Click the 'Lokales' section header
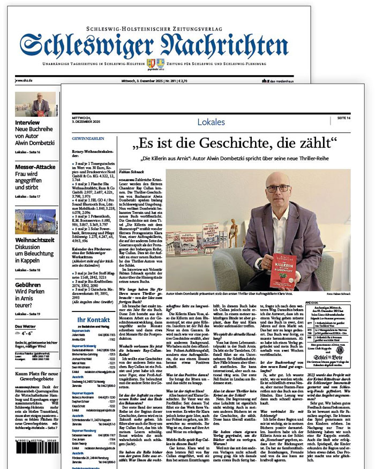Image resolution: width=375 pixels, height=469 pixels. pyautogui.click(x=211, y=122)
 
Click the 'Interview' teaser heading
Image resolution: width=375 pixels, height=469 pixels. pyautogui.click(x=27, y=123)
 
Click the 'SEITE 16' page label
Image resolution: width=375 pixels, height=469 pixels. pyautogui.click(x=343, y=118)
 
